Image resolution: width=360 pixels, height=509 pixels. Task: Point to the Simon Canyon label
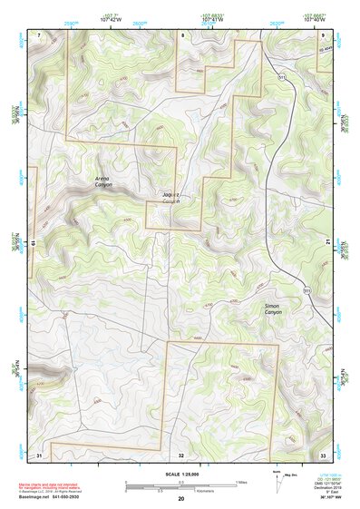(x=273, y=309)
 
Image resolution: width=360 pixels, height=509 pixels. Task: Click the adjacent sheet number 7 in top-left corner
(x=39, y=34)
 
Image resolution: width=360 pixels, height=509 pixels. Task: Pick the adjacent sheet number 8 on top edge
(x=181, y=34)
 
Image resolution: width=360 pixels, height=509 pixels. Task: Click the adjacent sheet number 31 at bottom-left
(x=39, y=453)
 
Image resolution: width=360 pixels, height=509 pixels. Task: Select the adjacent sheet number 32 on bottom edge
(x=181, y=453)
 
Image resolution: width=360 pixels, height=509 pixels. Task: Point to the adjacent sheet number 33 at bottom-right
(x=323, y=453)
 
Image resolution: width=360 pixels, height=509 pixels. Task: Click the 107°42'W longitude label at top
(x=112, y=20)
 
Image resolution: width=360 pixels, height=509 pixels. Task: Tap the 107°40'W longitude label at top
(x=316, y=20)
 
